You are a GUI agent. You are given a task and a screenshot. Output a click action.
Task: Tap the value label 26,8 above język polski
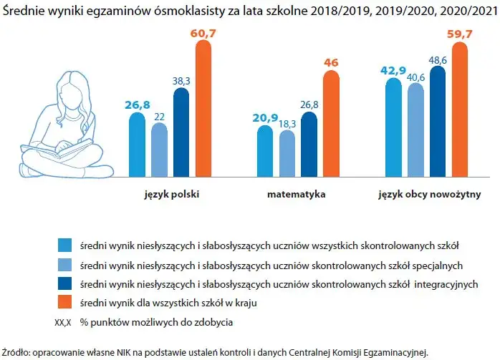(x=137, y=105)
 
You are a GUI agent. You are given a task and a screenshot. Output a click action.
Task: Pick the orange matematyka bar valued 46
(x=331, y=122)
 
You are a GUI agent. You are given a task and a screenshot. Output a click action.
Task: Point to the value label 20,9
(x=264, y=118)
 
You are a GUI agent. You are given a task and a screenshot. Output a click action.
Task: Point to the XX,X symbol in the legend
(x=64, y=321)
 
